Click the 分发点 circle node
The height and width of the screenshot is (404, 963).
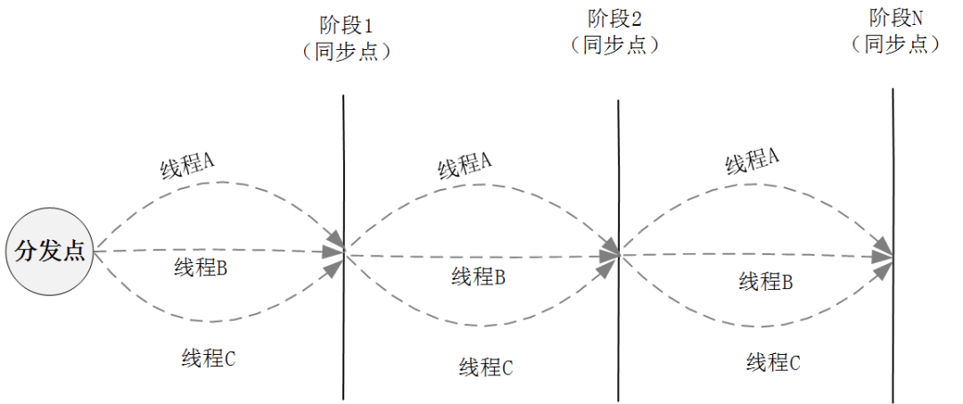[50, 251]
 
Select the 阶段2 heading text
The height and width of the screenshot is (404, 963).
[615, 19]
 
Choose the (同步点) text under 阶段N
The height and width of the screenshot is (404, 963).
[895, 44]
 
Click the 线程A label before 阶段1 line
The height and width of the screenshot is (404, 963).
[188, 166]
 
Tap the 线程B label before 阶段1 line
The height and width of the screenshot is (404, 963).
[202, 268]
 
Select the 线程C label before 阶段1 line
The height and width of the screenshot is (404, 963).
[209, 359]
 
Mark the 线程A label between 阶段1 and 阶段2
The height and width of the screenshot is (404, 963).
[465, 166]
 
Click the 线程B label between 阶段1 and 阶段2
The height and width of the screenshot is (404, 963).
[479, 277]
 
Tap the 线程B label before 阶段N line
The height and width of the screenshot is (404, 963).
[766, 283]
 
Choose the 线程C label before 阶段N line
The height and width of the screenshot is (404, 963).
[773, 362]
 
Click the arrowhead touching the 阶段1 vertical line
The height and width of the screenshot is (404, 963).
[335, 252]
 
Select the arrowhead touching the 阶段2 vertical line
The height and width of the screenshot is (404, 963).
[611, 253]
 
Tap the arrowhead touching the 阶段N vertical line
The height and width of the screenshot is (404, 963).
[884, 254]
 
